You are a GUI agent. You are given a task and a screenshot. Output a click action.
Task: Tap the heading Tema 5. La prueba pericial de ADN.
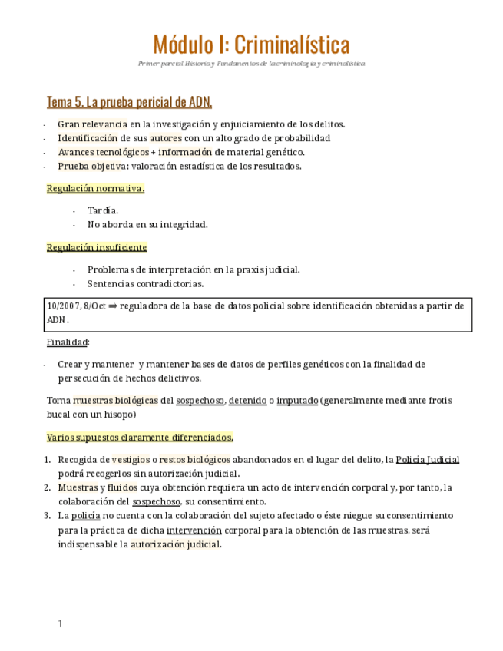point(129,102)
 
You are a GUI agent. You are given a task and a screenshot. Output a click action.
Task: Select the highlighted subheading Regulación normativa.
point(95,188)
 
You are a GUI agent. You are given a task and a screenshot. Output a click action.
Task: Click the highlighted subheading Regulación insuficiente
point(97,247)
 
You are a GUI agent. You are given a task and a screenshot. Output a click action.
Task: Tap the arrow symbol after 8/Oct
point(112,306)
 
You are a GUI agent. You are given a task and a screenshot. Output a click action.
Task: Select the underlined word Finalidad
point(68,342)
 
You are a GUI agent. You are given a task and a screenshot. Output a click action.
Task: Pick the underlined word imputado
point(296,401)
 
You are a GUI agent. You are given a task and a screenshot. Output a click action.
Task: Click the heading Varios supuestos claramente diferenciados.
point(140,437)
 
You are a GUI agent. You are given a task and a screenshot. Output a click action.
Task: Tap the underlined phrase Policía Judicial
point(427,459)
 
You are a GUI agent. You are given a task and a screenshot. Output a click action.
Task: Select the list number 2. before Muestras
point(48,487)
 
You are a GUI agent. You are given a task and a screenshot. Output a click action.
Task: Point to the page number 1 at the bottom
point(59,624)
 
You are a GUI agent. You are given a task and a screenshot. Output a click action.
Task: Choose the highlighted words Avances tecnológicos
point(103,152)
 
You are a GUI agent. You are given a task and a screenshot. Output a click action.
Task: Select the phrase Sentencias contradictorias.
point(134,283)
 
